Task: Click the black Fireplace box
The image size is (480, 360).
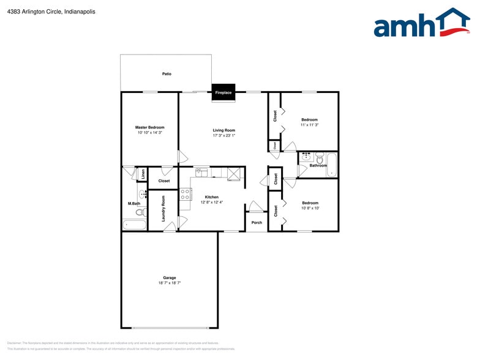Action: pos(223,92)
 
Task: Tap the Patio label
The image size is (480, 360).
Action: pos(167,74)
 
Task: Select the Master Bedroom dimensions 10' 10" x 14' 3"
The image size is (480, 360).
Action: pos(150,132)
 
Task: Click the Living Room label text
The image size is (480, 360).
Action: pos(224,130)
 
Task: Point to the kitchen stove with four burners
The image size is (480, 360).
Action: pos(185,195)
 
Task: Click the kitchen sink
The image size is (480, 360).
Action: pos(200,172)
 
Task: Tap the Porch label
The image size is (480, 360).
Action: pos(257,222)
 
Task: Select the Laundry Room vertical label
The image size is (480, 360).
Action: pos(163,209)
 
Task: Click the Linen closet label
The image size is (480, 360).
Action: pos(143,174)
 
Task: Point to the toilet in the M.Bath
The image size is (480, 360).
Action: pos(140,212)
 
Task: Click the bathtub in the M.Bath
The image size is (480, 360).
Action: pos(135,225)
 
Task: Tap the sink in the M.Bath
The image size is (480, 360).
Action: pos(143,195)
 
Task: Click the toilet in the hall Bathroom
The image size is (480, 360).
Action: pos(319,159)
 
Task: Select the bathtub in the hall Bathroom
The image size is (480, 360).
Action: pos(331,164)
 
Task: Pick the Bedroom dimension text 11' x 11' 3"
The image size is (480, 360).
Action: pos(309,124)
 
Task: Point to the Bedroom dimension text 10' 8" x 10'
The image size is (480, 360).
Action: pos(309,208)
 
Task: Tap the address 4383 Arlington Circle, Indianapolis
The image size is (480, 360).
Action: pos(42,11)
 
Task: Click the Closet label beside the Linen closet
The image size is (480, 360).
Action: pos(164,181)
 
